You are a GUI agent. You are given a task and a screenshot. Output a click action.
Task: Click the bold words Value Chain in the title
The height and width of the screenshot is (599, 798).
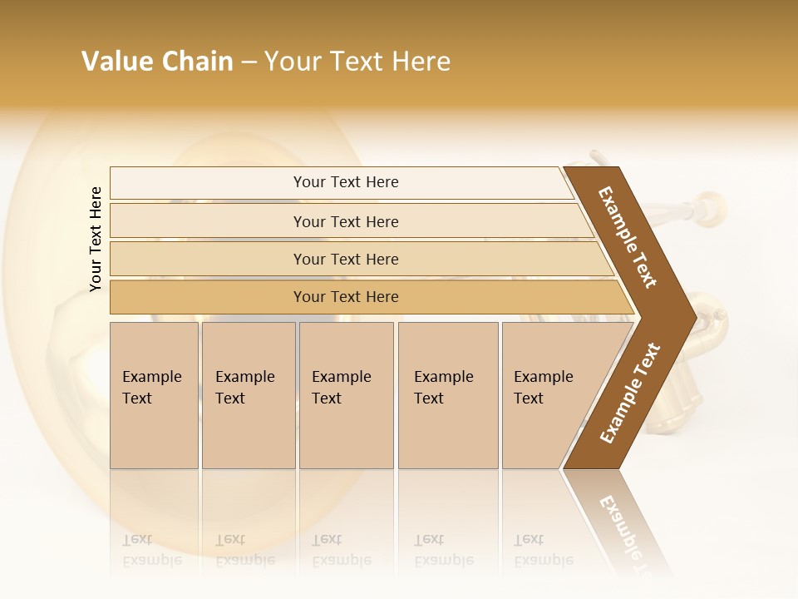(x=157, y=62)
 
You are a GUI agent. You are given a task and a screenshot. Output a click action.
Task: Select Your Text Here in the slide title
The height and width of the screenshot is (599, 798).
(x=357, y=62)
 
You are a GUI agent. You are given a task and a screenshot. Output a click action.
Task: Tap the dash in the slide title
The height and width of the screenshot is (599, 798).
(x=249, y=62)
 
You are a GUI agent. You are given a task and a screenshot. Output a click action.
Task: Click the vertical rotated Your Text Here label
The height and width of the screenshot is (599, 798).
(x=96, y=239)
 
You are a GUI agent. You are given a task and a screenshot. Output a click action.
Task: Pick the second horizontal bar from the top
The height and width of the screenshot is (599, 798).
(x=345, y=221)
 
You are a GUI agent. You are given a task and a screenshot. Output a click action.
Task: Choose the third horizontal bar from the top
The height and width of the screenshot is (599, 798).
(x=345, y=259)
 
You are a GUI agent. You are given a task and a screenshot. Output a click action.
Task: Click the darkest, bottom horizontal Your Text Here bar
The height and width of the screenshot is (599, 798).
(x=345, y=297)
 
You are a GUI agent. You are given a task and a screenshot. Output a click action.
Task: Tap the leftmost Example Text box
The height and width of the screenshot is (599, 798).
(x=154, y=394)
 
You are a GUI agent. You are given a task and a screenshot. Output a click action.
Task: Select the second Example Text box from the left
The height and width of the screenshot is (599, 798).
(x=248, y=394)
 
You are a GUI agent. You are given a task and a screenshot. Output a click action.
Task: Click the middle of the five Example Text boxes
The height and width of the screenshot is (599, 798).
(x=346, y=394)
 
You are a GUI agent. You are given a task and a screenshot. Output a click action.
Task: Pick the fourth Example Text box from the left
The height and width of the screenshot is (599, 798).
(x=448, y=394)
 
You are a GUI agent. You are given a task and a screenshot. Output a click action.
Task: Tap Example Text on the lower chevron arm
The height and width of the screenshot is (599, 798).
(x=630, y=393)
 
